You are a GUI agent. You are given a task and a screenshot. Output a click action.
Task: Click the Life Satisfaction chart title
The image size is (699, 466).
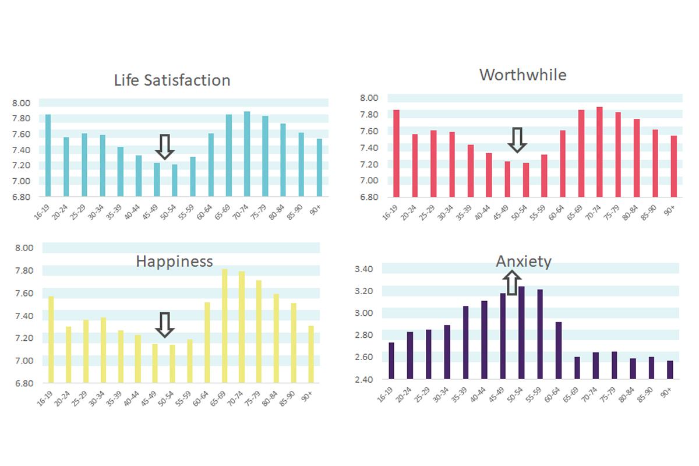tap(172, 80)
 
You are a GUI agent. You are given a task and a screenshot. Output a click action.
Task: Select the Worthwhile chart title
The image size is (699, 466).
tap(523, 75)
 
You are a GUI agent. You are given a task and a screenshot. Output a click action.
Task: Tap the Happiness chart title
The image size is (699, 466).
tap(174, 262)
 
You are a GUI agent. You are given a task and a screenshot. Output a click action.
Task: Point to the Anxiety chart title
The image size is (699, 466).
tap(523, 262)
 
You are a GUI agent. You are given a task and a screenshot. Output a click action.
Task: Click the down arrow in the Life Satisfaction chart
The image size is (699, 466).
tap(165, 147)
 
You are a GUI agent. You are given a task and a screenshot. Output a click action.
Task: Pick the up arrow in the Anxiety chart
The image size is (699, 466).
tap(511, 283)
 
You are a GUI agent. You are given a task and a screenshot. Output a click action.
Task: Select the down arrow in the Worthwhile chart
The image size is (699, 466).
tap(517, 140)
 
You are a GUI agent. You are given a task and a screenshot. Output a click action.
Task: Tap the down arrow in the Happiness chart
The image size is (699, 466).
tap(165, 324)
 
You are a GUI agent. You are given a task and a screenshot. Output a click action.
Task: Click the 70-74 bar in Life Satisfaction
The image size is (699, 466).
tap(247, 154)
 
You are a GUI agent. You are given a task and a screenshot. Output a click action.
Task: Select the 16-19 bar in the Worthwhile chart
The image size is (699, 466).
tap(396, 153)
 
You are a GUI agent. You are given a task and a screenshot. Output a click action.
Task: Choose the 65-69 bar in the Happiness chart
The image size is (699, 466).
tap(224, 326)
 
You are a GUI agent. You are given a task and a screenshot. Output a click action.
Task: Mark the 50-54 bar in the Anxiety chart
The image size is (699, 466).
tap(521, 333)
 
